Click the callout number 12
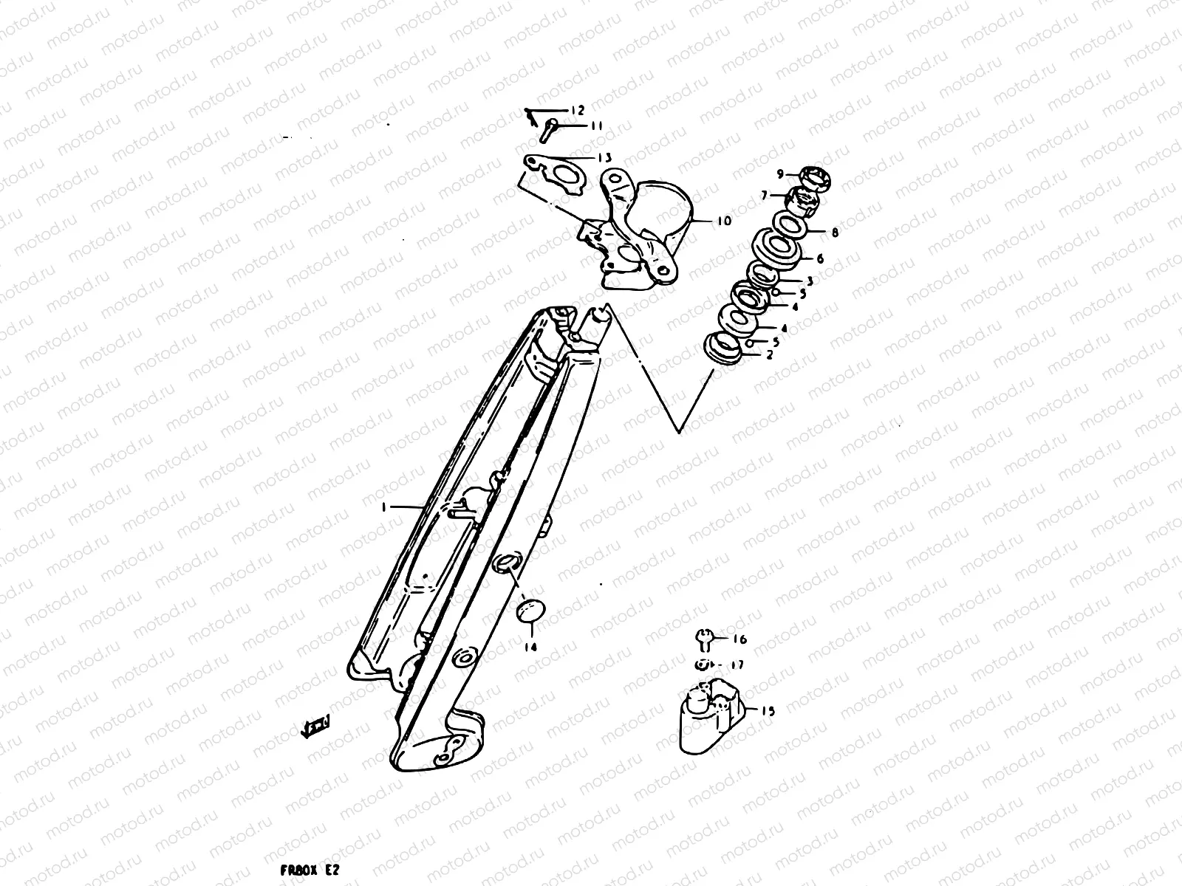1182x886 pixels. pos(577,111)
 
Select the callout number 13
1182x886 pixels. pos(604,157)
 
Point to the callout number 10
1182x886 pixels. pos(722,220)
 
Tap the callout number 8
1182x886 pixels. pos(834,232)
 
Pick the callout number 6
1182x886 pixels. pos(819,258)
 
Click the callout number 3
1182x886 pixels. pos(810,281)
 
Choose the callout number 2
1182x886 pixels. pos(769,355)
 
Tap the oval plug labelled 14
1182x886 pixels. pos(530,612)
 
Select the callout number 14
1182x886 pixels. pos(530,648)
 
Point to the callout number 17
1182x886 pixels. pos(737,664)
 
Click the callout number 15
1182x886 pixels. pos(768,711)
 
